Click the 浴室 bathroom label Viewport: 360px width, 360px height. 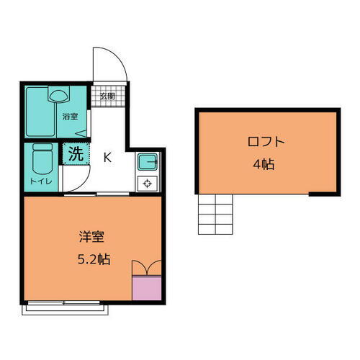click(x=69, y=116)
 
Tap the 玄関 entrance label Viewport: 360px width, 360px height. click(x=107, y=95)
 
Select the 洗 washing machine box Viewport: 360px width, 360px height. click(x=75, y=153)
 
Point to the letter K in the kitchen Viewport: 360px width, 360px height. click(x=107, y=157)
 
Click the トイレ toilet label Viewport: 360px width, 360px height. click(x=40, y=181)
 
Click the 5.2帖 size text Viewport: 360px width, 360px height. click(x=94, y=259)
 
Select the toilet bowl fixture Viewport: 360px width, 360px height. click(x=42, y=158)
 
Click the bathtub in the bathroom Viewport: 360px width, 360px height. click(x=40, y=112)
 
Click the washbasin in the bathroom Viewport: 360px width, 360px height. click(x=59, y=94)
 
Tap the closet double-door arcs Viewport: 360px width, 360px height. click(x=148, y=267)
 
